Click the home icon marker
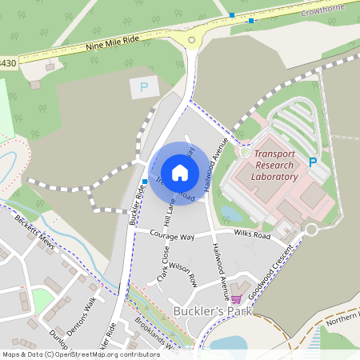click(180, 172)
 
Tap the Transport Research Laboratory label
click(274, 165)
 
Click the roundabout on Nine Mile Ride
click(191, 40)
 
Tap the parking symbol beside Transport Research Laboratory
click(313, 162)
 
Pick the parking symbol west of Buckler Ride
click(144, 87)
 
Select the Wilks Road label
click(253, 236)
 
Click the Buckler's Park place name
click(211, 310)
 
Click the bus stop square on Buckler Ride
click(144, 182)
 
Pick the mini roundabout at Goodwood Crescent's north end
click(311, 229)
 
